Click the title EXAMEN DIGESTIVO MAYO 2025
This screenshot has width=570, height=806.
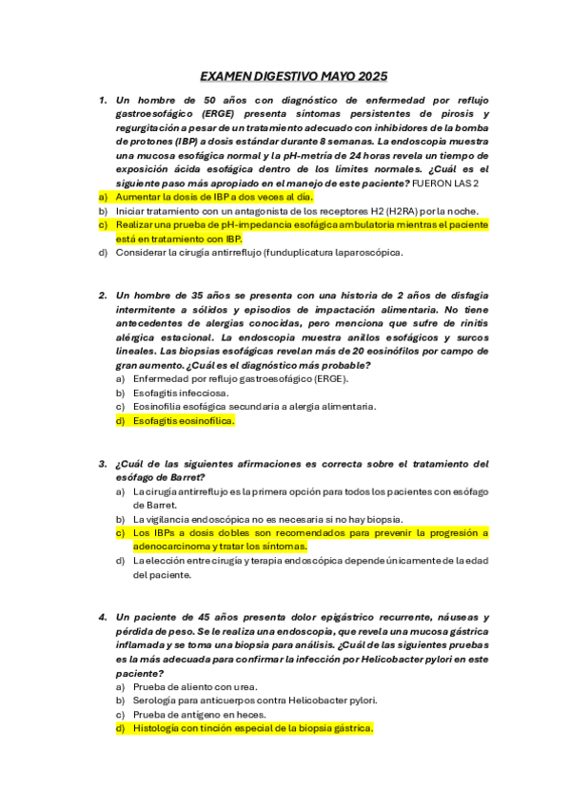(x=293, y=76)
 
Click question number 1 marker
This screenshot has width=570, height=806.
(x=103, y=99)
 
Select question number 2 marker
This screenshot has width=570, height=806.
(x=103, y=295)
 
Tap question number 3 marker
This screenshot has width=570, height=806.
(x=103, y=464)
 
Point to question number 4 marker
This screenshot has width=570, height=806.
(x=103, y=617)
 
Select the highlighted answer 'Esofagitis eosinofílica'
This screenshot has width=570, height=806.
(x=183, y=420)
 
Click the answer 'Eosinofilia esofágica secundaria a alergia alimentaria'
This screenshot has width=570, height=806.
(x=254, y=406)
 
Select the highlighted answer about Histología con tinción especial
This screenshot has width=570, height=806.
(x=252, y=728)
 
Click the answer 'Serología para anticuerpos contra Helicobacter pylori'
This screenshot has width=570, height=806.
(x=255, y=700)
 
